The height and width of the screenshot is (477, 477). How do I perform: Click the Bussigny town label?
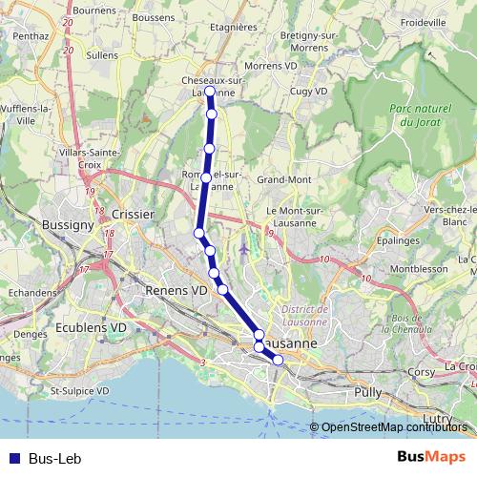coord(68,225)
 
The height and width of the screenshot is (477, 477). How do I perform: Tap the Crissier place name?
coord(133,215)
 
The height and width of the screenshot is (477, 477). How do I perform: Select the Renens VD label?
coord(176,289)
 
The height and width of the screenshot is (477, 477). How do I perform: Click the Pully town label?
coord(367,392)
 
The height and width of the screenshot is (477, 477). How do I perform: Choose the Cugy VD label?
coord(307,91)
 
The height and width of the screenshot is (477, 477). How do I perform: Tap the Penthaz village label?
coord(31,35)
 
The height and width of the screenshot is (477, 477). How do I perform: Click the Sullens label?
coord(102,55)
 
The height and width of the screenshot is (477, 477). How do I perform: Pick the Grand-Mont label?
coord(283,179)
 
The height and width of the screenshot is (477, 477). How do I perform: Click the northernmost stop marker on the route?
coord(209,92)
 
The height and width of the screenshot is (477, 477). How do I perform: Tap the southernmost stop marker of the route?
coord(278,360)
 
